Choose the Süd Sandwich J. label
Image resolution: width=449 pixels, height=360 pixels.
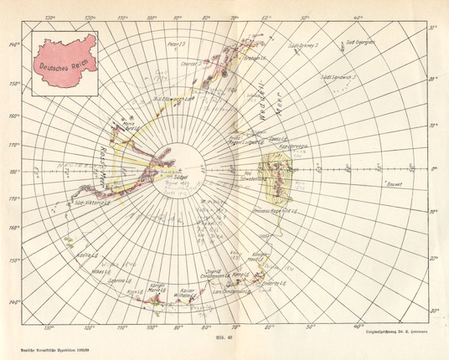pos(335,77)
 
